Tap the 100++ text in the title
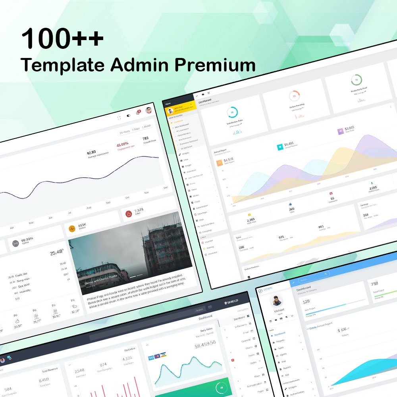pos(62,39)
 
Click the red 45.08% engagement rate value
pos(122,145)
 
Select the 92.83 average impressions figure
pos(91,152)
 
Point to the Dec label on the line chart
pos(166,187)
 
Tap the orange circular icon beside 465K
pos(72,229)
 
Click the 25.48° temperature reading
pos(57,252)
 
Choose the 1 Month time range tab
pos(146,126)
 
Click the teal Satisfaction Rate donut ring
pos(232,113)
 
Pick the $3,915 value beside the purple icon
pos(350,129)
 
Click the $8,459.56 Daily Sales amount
pos(205,344)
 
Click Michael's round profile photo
pos(277,301)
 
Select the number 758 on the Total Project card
pos(374,283)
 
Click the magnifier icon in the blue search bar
pos(326,274)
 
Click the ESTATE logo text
pos(268,289)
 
